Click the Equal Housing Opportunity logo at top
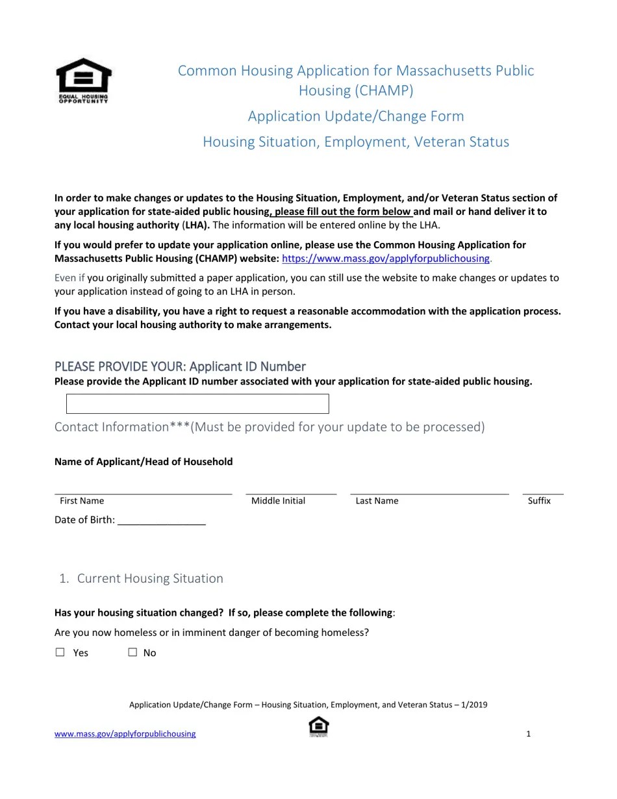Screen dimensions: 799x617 (84, 81)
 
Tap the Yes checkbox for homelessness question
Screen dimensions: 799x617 (60, 652)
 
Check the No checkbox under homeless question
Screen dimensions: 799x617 (132, 652)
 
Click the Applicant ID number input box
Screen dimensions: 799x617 (197, 403)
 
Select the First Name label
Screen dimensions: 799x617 (82, 501)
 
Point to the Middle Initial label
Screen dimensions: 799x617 (278, 501)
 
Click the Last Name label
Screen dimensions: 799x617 (377, 501)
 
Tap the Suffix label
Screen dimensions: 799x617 (539, 501)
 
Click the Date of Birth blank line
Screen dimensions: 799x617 (162, 520)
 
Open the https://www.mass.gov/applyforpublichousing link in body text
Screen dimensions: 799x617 (386, 259)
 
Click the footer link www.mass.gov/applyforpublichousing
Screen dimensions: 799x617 (125, 734)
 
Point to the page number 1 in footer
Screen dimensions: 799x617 (529, 734)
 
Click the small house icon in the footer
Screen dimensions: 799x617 (318, 726)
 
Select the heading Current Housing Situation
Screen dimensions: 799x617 (150, 578)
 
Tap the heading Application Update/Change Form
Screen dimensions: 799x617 (356, 116)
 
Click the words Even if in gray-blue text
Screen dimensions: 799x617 (69, 278)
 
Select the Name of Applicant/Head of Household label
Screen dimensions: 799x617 (144, 462)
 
